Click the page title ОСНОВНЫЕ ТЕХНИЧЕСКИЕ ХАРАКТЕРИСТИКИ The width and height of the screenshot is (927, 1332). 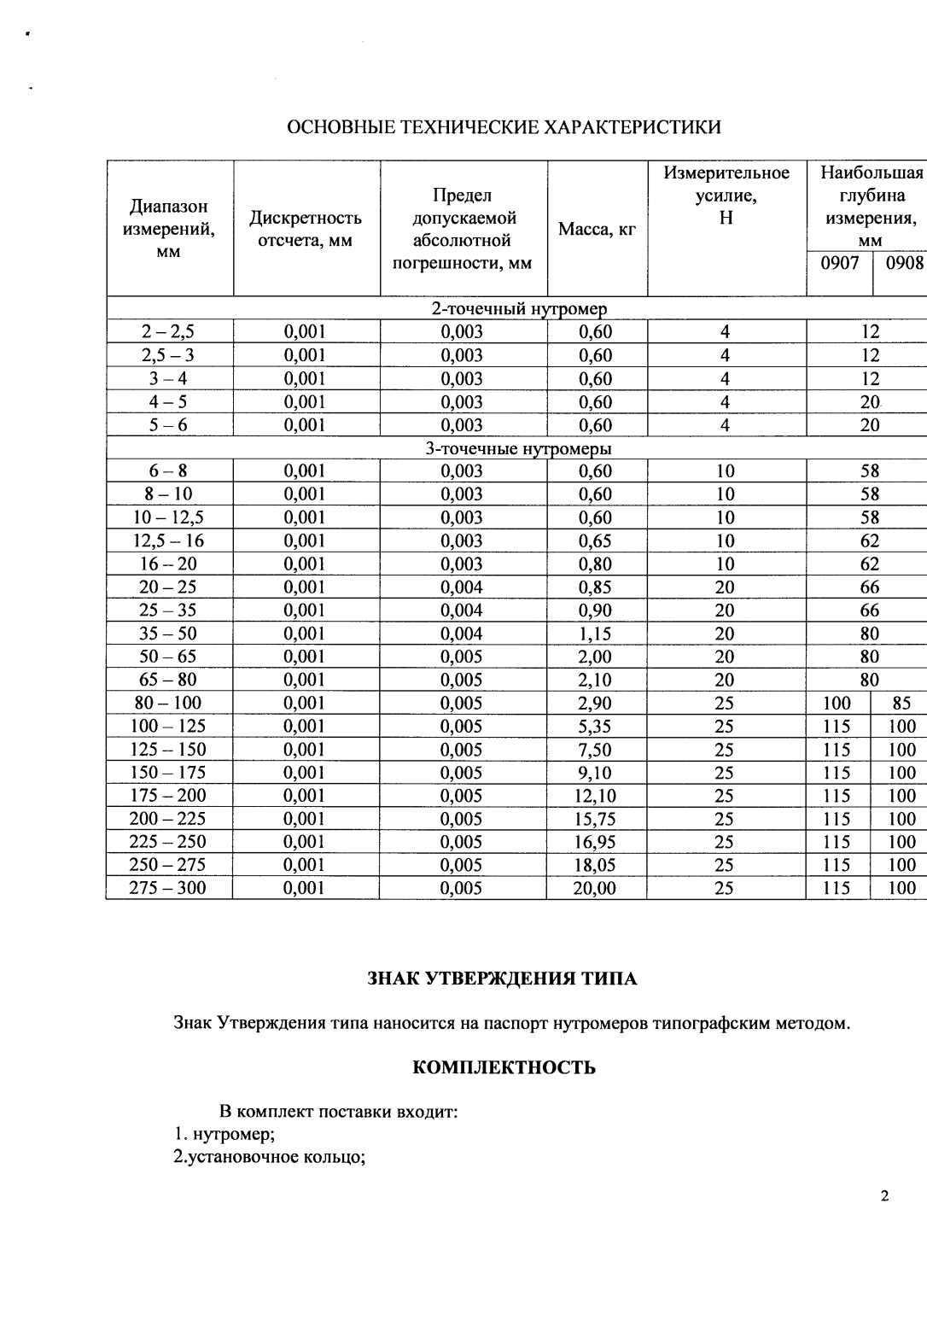point(504,128)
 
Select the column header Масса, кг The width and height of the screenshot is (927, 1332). point(597,229)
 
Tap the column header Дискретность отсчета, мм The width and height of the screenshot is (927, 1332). point(306,229)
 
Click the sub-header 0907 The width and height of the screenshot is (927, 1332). point(839,263)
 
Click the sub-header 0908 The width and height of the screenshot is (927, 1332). point(904,263)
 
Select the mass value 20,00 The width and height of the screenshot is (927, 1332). point(595,888)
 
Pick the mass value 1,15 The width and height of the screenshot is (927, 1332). point(595,634)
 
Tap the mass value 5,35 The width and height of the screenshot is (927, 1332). point(595,727)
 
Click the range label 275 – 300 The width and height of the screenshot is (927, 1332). point(168,888)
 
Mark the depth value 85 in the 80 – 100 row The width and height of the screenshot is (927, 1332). point(901,704)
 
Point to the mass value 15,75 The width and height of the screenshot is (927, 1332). point(595,819)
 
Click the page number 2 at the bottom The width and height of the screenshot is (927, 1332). point(884,1196)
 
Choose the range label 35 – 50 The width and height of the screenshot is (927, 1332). point(168,634)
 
